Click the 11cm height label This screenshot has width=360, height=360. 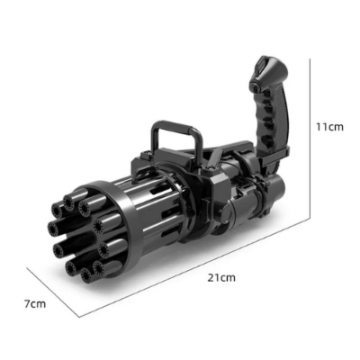(x=329, y=127)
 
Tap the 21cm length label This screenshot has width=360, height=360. (x=221, y=277)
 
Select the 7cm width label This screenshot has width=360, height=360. (x=35, y=304)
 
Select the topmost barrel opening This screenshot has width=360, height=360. (x=68, y=202)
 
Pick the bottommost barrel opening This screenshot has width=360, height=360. (x=86, y=274)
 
